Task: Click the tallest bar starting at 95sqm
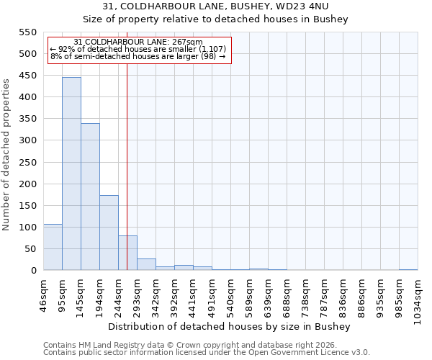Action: click(71, 174)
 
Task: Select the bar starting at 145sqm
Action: click(90, 197)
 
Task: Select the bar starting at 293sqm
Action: click(146, 264)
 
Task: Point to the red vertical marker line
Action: click(127, 144)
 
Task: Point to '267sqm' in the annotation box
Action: click(187, 42)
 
